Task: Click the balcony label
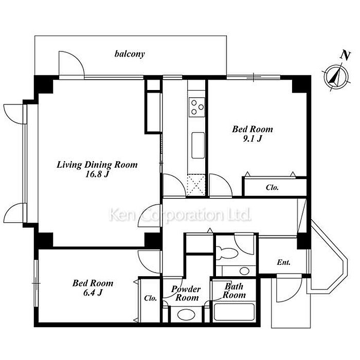coord(130,54)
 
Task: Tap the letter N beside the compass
coord(345,56)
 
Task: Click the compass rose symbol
coord(336,77)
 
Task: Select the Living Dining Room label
coord(97,165)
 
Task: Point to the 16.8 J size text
coord(97,174)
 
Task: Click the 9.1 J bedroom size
coord(253,139)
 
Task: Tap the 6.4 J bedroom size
coord(93,293)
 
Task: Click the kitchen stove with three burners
coord(196,107)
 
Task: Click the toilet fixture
coord(227,253)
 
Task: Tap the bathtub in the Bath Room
coord(234,312)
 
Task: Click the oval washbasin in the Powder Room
coord(186,314)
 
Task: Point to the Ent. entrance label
coord(283,262)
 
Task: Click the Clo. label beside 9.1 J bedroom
coord(272,187)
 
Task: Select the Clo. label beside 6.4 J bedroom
coord(151,298)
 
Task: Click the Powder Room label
coord(186,293)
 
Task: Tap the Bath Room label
coord(234,291)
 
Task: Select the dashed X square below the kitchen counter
coord(196,186)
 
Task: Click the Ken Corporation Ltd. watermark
coord(180,215)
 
